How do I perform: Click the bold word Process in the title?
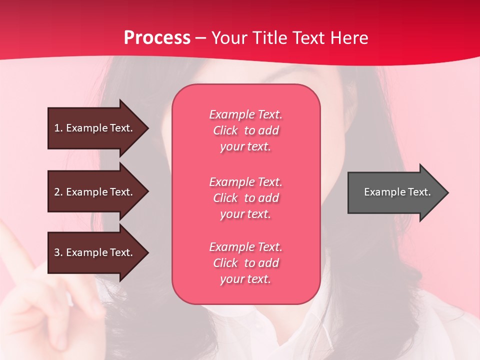(157, 38)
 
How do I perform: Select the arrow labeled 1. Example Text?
(95, 128)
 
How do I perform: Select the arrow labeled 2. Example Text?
(95, 192)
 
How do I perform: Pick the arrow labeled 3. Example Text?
(95, 252)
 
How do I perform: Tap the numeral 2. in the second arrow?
(58, 192)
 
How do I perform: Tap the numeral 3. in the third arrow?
(58, 252)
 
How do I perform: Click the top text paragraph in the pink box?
(245, 130)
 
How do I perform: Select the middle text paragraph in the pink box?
(245, 197)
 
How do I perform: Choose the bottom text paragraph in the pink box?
(245, 263)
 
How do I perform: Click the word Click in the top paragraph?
(225, 130)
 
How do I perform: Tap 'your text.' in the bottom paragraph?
(245, 279)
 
